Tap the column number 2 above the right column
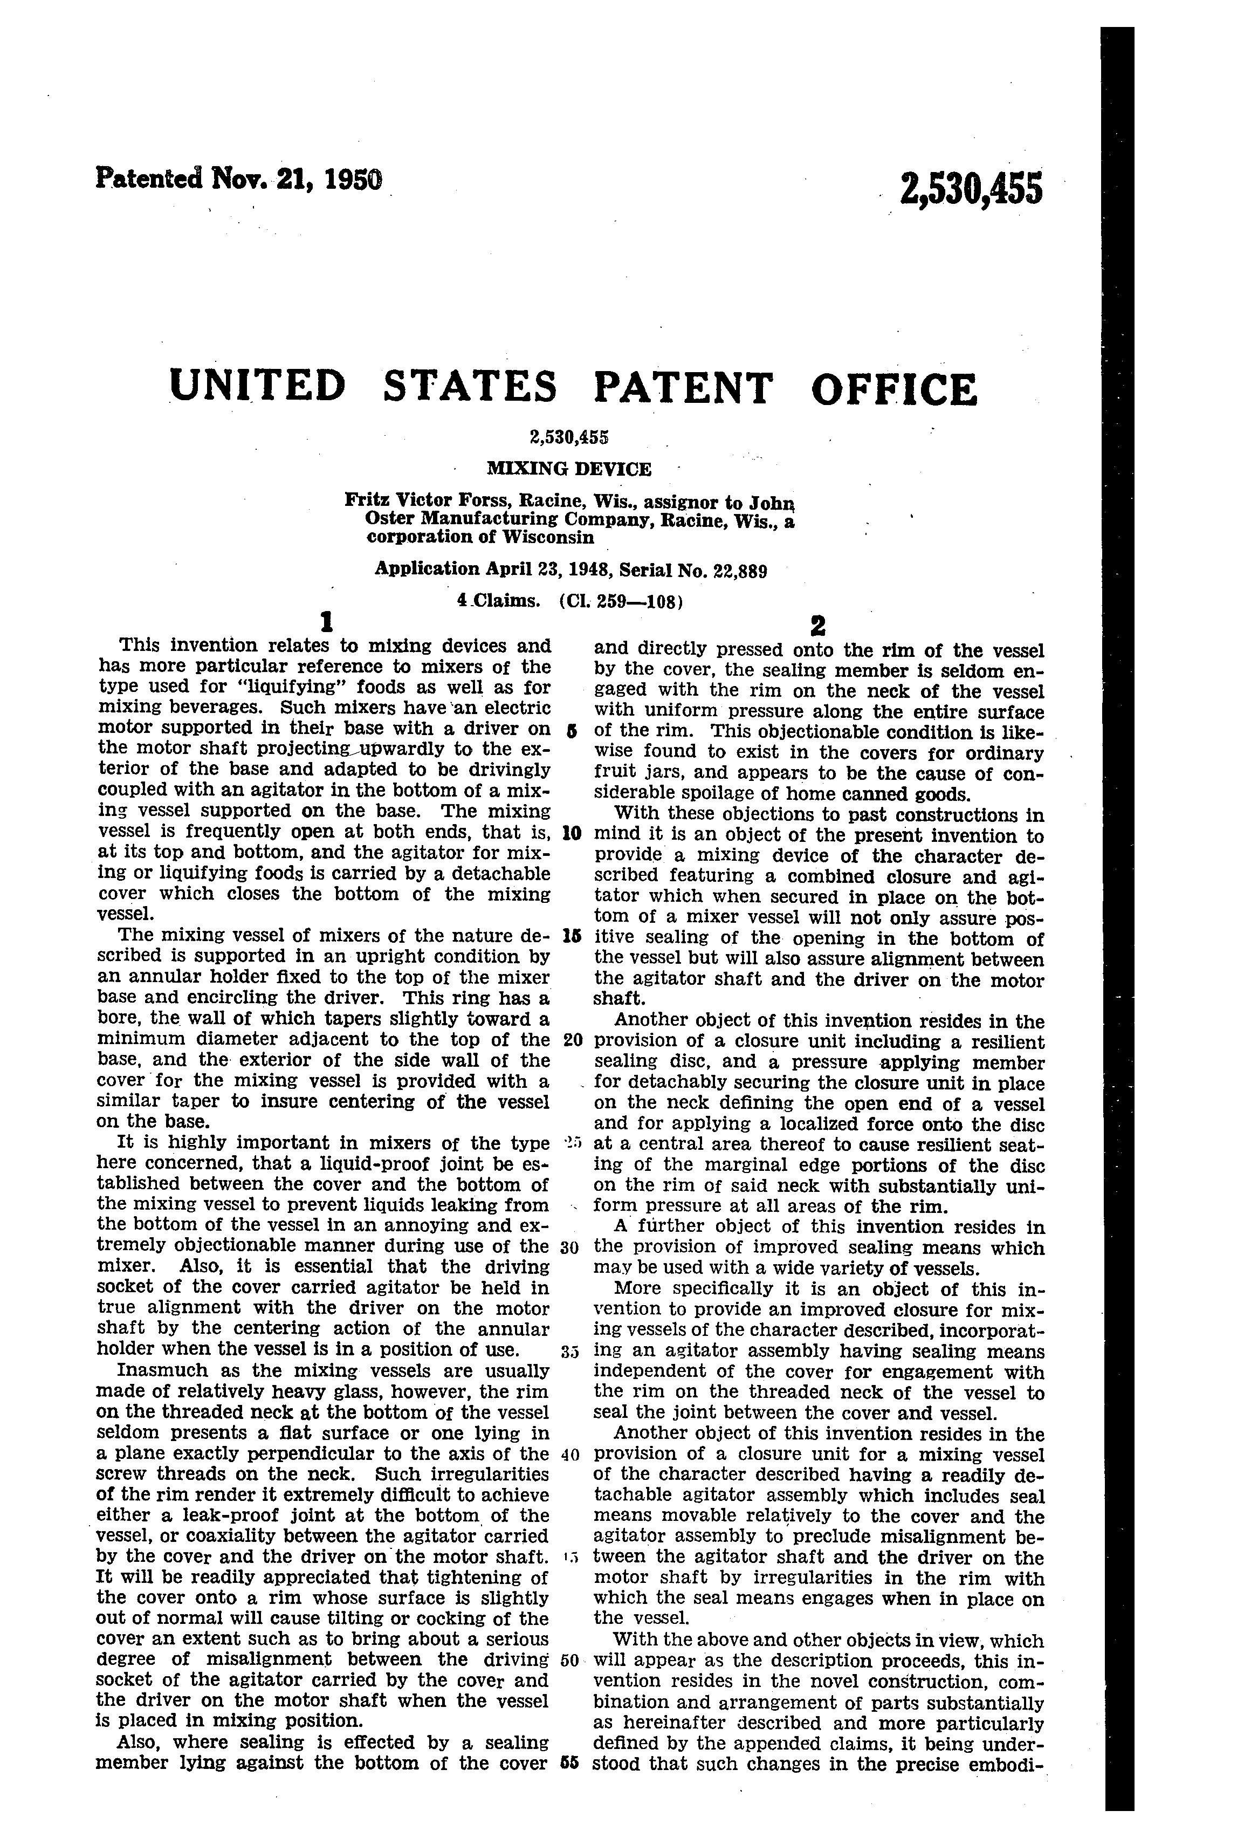817,626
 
